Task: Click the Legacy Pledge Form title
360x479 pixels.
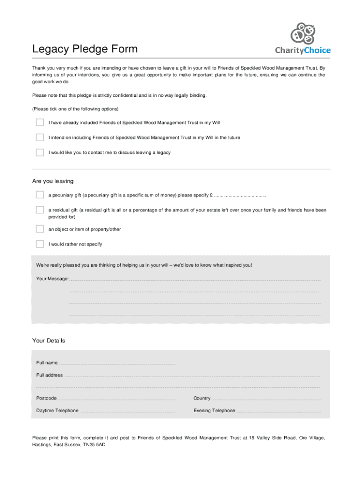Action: pos(85,49)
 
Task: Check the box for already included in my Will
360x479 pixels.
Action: pos(40,123)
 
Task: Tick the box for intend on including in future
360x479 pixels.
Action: pos(40,138)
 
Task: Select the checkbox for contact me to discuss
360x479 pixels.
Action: pos(40,152)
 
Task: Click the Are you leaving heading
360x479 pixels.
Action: pos(52,181)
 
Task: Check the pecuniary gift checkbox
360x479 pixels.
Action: pos(40,195)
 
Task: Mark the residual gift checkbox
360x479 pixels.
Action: pos(40,210)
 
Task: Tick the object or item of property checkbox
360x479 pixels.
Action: pos(40,229)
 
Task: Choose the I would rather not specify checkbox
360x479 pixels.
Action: pos(40,244)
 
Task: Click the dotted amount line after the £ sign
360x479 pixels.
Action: pos(240,196)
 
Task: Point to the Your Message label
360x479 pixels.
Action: pos(52,279)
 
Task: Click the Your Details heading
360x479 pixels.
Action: pos(49,341)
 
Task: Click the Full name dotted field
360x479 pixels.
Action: pos(117,363)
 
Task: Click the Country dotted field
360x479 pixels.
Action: pos(266,399)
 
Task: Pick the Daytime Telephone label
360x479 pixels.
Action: pos(58,411)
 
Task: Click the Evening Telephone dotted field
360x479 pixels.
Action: pos(279,411)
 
